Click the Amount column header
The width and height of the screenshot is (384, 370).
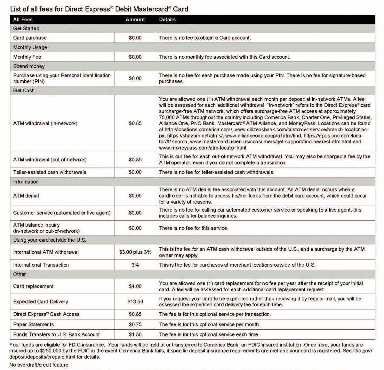coord(135,20)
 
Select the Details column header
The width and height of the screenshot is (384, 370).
coord(167,20)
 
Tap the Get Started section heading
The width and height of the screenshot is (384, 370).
coord(26,28)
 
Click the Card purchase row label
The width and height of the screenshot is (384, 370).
coord(30,38)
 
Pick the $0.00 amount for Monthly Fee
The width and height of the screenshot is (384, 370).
coord(135,57)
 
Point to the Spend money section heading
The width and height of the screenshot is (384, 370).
coord(29,67)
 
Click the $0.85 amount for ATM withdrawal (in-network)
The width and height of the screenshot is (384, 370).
coord(135,123)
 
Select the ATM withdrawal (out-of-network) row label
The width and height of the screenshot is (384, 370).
coord(50,160)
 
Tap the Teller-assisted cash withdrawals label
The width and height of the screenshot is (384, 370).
coord(50,172)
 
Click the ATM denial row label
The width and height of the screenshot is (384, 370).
coord(26,196)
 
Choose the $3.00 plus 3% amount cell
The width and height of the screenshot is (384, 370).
coord(135,252)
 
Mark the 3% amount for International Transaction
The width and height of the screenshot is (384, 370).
coord(135,265)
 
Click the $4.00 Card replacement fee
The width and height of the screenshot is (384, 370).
coord(135,286)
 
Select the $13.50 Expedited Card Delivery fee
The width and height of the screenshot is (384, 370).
coord(135,302)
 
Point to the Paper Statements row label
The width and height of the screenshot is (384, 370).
coord(34,325)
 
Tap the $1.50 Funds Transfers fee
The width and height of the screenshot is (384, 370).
coord(135,334)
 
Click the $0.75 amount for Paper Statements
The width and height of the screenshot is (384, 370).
coord(135,325)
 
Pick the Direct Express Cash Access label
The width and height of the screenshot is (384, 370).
coord(46,314)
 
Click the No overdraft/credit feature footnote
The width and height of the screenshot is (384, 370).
coord(39,365)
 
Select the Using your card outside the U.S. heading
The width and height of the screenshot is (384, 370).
coord(50,240)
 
